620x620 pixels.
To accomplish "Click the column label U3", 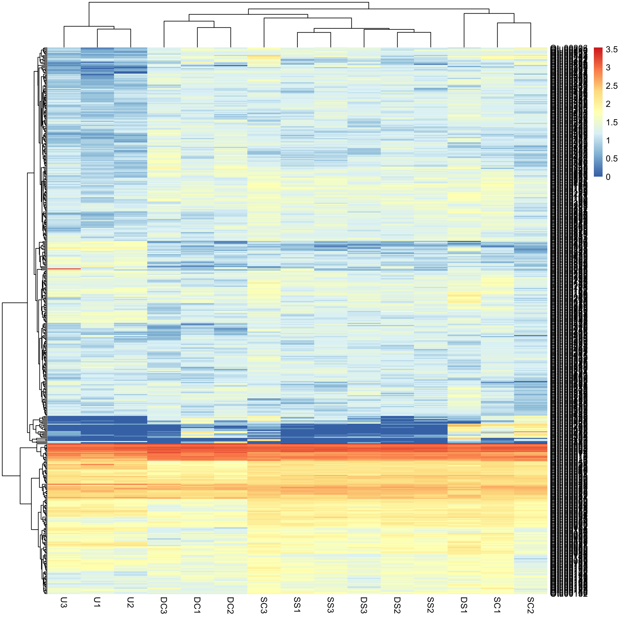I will pyautogui.click(x=64, y=602).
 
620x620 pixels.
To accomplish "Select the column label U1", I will pyautogui.click(x=97, y=602).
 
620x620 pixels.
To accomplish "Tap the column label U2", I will pyautogui.click(x=130, y=602).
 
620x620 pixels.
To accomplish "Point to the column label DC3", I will pyautogui.click(x=164, y=605).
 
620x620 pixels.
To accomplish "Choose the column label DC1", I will pyautogui.click(x=197, y=605).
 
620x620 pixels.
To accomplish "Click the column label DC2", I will pyautogui.click(x=230, y=605).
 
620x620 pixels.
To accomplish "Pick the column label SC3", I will pyautogui.click(x=264, y=605).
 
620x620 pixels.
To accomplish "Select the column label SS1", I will pyautogui.click(x=297, y=605).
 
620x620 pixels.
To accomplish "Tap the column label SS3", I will pyautogui.click(x=330, y=605).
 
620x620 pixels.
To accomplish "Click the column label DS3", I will pyautogui.click(x=364, y=605).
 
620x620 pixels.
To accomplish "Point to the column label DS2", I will pyautogui.click(x=397, y=605).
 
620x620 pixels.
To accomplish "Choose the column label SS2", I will pyautogui.click(x=430, y=605).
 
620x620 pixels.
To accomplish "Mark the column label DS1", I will pyautogui.click(x=464, y=605).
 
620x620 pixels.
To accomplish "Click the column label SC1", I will pyautogui.click(x=497, y=605).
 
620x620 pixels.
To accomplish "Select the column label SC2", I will pyautogui.click(x=531, y=605).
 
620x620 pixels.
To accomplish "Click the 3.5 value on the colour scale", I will pyautogui.click(x=612, y=49).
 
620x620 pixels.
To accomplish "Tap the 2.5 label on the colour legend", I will pyautogui.click(x=612, y=86).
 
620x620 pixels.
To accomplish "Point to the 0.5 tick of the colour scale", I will pyautogui.click(x=612, y=159).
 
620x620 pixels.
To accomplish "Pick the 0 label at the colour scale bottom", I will pyautogui.click(x=608, y=177).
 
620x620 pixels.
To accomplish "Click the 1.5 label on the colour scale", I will pyautogui.click(x=612, y=122).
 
